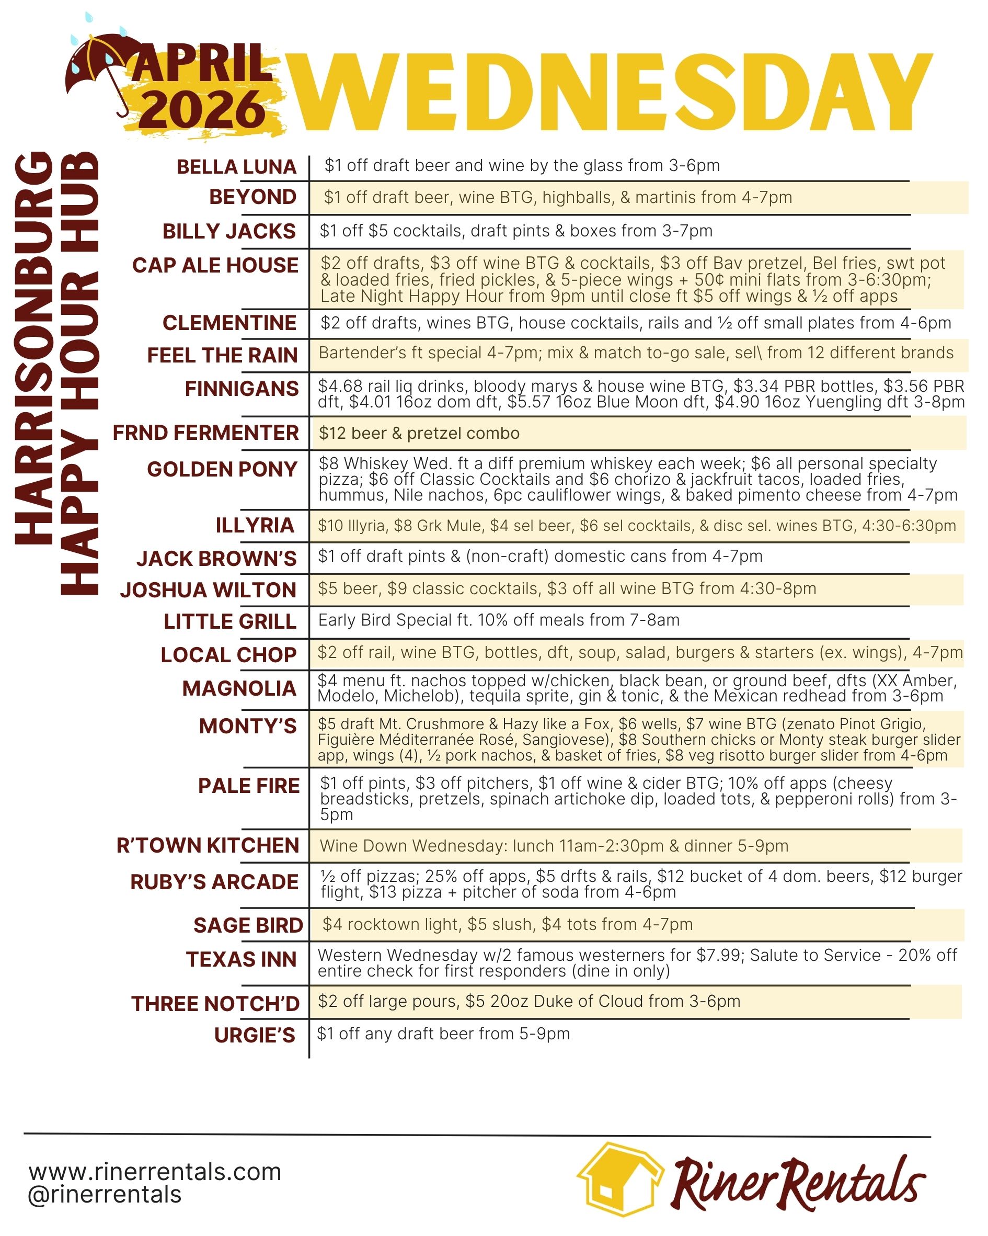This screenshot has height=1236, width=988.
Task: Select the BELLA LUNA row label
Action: [x=236, y=167]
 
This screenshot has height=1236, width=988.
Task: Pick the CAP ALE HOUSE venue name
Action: [x=215, y=265]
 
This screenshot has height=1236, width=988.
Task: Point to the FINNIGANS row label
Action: [x=242, y=389]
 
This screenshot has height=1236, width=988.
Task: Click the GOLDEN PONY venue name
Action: [x=222, y=470]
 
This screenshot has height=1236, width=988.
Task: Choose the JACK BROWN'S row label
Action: [x=216, y=559]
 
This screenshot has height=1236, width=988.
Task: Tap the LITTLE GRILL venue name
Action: [x=230, y=621]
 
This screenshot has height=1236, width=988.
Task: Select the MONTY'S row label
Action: [x=248, y=727]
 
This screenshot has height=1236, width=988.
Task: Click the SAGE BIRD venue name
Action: [x=248, y=925]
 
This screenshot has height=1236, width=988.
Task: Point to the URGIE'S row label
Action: [x=255, y=1035]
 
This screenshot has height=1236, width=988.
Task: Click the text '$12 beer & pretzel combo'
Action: [x=419, y=434]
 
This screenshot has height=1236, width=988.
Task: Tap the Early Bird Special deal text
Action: [x=499, y=620]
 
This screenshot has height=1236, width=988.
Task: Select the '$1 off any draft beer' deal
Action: [x=443, y=1034]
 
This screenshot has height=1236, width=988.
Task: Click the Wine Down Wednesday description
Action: [x=554, y=846]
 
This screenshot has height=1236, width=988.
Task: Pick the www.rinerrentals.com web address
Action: [x=155, y=1172]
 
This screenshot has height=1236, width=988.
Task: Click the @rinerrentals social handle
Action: [x=105, y=1195]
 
